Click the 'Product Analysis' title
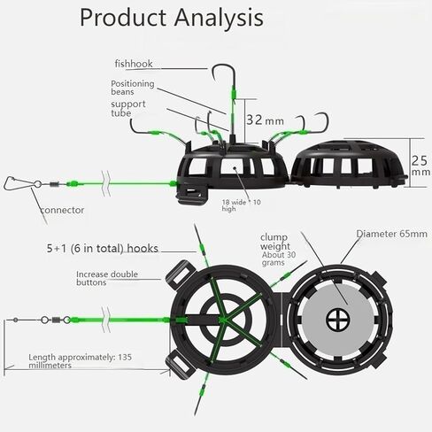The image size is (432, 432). click(172, 18)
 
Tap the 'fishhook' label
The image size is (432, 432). click(134, 64)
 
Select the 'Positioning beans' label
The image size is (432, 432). click(133, 88)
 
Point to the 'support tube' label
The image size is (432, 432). click(128, 108)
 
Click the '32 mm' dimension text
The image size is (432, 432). click(265, 120)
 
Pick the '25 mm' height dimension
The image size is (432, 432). click(420, 166)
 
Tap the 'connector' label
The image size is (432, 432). click(62, 210)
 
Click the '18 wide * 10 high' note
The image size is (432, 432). click(241, 205)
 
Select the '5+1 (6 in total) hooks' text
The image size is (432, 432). click(103, 249)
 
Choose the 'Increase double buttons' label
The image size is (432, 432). click(107, 278)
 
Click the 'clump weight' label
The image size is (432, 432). click(274, 242)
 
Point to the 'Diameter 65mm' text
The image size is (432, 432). click(392, 234)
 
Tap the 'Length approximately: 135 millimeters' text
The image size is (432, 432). click(80, 361)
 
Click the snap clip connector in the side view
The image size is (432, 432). click(14, 183)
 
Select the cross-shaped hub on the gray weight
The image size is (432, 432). click(338, 320)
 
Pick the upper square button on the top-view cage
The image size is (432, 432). click(180, 274)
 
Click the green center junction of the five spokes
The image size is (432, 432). click(223, 320)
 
